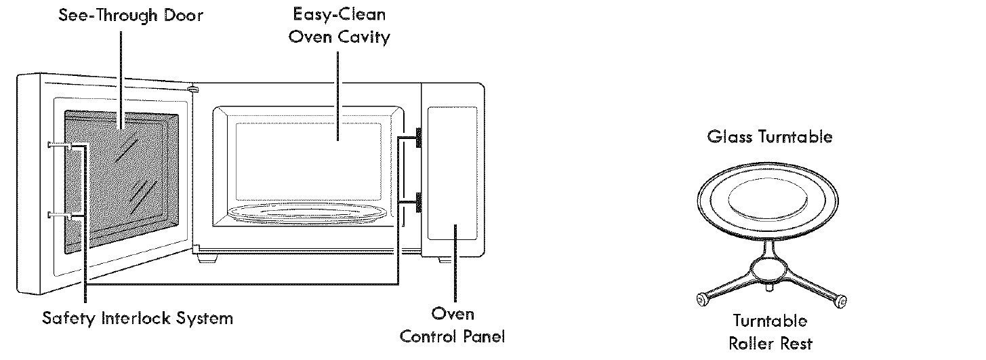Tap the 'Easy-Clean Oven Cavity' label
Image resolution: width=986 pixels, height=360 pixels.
point(339,25)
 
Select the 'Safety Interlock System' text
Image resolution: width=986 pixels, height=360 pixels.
point(138,318)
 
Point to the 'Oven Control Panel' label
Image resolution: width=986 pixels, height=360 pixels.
point(453,325)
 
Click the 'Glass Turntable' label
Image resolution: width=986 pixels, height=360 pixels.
point(769,137)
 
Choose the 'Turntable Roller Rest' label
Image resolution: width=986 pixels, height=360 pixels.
point(770,332)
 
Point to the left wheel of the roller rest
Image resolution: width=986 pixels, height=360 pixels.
point(703,298)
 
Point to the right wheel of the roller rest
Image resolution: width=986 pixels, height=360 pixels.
point(840,300)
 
